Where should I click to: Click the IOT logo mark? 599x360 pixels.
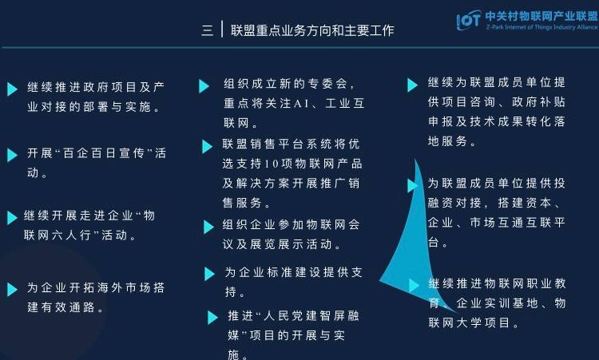[468, 20]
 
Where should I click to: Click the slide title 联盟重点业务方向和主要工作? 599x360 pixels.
[312, 30]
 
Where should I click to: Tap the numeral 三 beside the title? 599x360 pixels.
[208, 30]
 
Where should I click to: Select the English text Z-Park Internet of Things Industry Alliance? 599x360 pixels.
[541, 27]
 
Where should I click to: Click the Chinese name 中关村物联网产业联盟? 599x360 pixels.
[541, 16]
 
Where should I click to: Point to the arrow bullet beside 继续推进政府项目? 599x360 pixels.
[12, 89]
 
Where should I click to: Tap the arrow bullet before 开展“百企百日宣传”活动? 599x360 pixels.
[12, 155]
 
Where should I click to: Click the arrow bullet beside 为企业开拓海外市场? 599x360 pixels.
[12, 290]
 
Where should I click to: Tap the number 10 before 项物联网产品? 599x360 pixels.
[272, 164]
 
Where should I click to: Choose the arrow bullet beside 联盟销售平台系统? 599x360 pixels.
[207, 146]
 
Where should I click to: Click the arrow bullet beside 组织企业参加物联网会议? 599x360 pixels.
[208, 227]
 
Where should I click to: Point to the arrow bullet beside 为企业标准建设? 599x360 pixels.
[209, 274]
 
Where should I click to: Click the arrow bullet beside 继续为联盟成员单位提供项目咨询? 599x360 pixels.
[412, 85]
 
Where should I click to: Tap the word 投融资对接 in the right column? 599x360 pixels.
[497, 193]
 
